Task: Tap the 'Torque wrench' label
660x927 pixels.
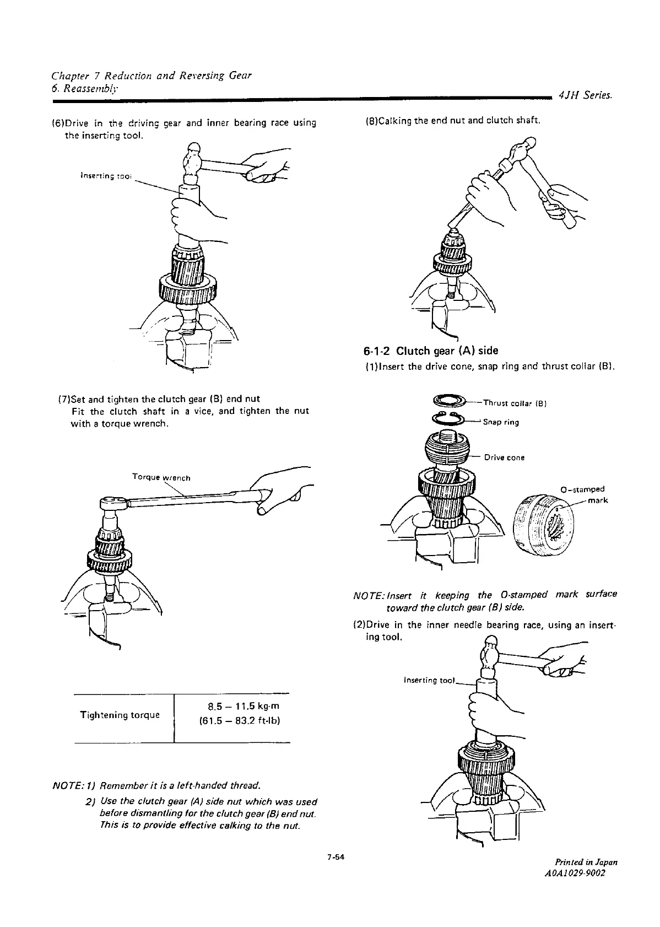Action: click(161, 477)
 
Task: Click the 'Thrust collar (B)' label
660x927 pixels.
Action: click(514, 402)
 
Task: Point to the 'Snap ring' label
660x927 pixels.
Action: click(501, 423)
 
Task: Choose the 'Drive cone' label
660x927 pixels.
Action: click(504, 457)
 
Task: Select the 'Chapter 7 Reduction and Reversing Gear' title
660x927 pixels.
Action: click(152, 75)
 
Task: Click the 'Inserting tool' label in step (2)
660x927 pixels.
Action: click(429, 680)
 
